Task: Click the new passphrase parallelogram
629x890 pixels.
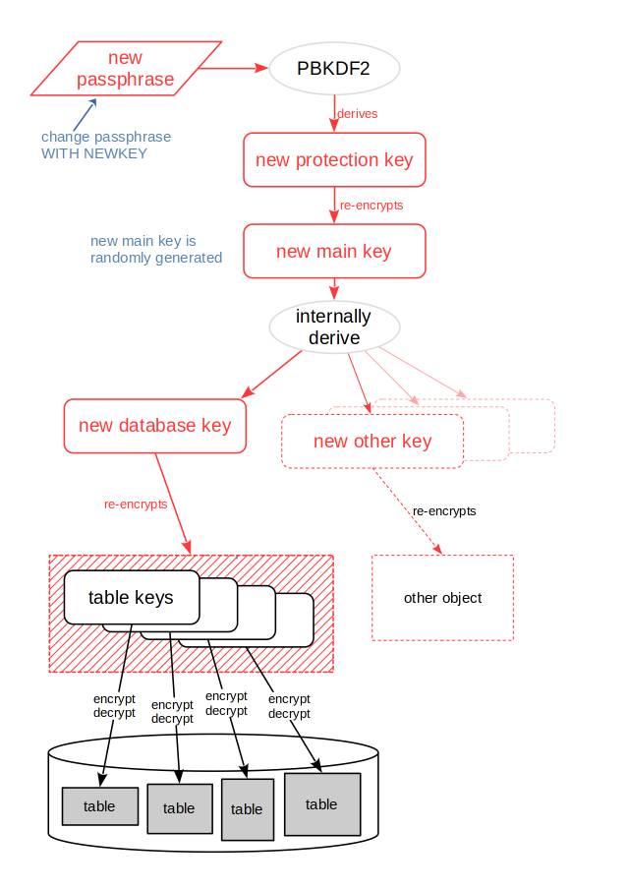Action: [126, 69]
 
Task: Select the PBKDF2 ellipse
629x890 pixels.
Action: [334, 69]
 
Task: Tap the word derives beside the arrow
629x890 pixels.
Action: [357, 114]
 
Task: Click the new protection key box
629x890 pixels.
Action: [334, 159]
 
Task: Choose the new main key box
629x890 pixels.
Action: [334, 252]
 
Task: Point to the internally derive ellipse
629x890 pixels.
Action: [334, 327]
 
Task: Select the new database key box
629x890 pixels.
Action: [154, 426]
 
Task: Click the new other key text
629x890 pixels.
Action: [372, 442]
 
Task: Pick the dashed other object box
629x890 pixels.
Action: [442, 598]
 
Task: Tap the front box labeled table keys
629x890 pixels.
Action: [131, 597]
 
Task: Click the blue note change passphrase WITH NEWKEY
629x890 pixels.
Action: [105, 146]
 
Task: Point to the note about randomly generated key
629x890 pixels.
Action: [155, 250]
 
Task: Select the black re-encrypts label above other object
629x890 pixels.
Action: [444, 511]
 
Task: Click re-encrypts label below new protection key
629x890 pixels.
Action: [372, 206]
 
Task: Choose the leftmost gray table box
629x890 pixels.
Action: [99, 806]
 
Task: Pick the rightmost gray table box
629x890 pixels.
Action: [321, 804]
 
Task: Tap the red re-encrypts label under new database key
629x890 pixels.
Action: [136, 504]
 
